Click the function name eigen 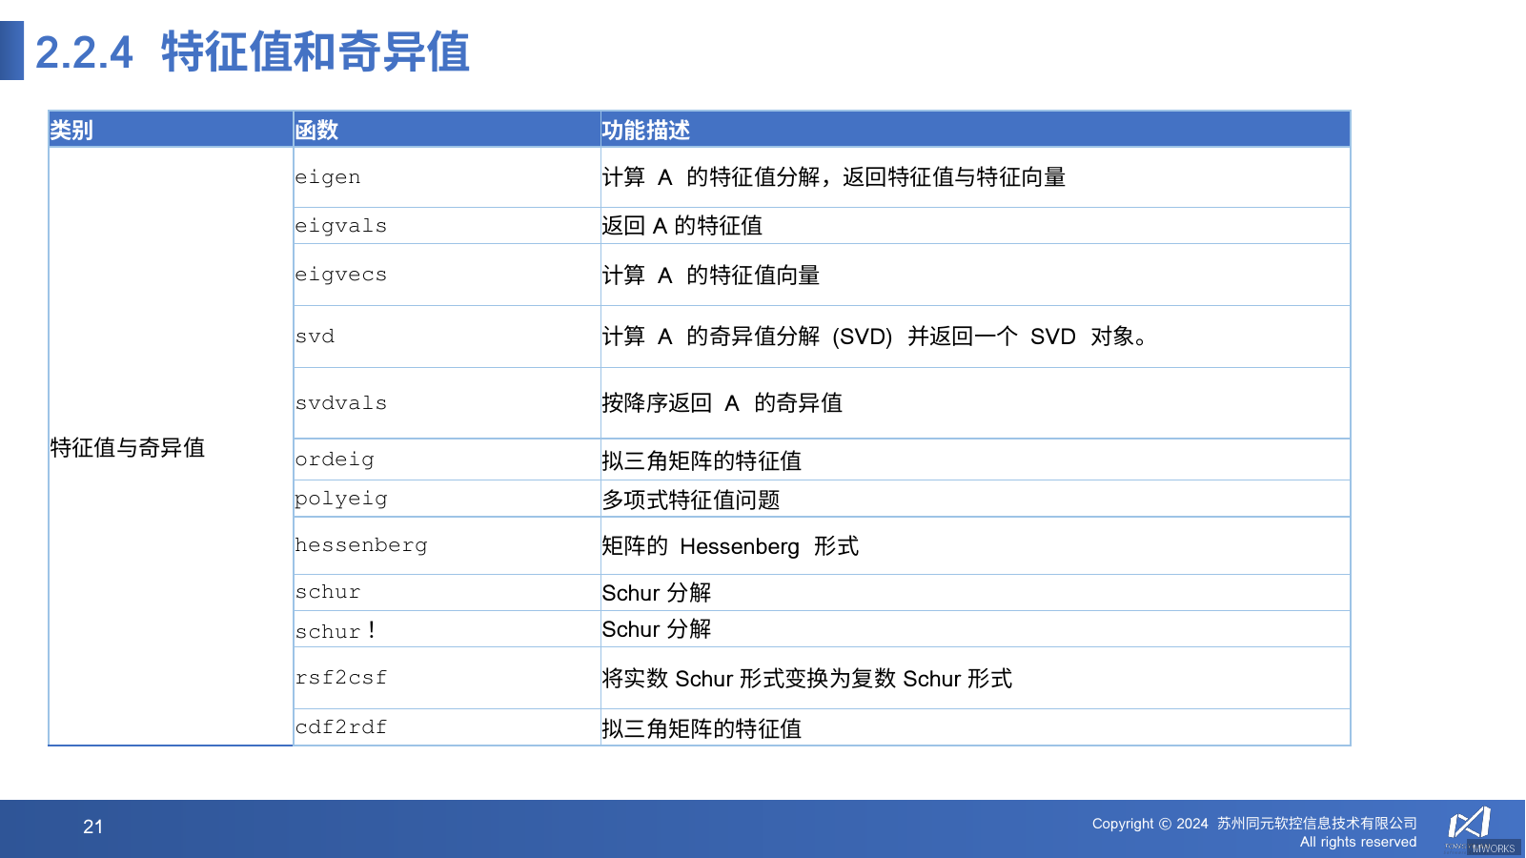[x=328, y=177]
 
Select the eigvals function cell [x=340, y=226]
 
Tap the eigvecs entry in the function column [x=340, y=275]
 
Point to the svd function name [x=315, y=337]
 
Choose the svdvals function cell [x=340, y=403]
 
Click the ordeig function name [x=335, y=460]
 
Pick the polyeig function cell [x=340, y=499]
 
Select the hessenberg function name [x=360, y=545]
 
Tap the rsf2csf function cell [x=340, y=678]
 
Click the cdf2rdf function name [x=340, y=727]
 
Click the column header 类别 [x=71, y=130]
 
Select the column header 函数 [x=316, y=130]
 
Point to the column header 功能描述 [x=645, y=130]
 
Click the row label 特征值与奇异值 [x=128, y=447]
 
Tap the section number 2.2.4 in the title [x=84, y=52]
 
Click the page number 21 [x=92, y=827]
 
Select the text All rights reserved [x=1357, y=842]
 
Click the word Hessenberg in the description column [x=740, y=546]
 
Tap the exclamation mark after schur [x=371, y=629]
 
